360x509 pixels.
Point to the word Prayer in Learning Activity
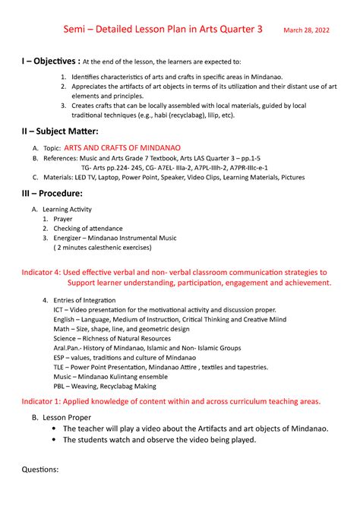click(x=63, y=218)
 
